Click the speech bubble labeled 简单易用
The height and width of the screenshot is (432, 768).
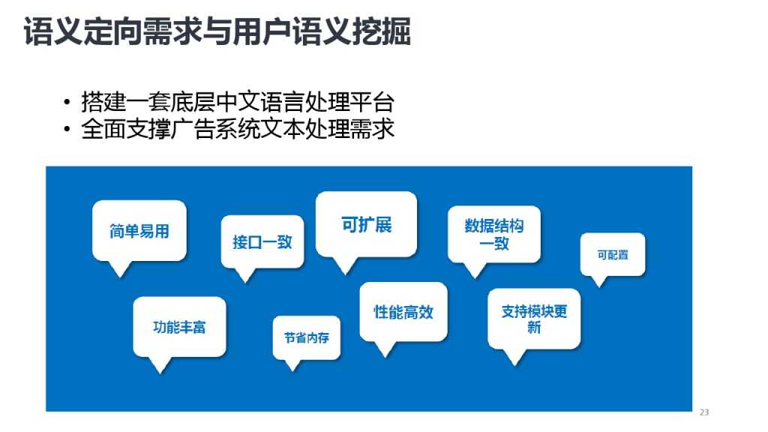coord(139,231)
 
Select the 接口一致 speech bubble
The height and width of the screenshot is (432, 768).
coord(262,241)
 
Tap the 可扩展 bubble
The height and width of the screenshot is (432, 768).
coord(366,224)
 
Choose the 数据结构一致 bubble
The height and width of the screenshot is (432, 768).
coord(493,234)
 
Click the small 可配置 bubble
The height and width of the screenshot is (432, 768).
coord(612,254)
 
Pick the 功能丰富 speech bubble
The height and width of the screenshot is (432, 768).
coord(179,327)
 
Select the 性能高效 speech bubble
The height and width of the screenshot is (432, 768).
coord(403,312)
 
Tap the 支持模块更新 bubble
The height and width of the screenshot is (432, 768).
coord(534,319)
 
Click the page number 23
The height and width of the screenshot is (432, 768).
coord(703,412)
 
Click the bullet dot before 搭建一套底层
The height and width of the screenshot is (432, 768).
coord(67,103)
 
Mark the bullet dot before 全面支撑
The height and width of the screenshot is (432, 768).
coord(67,130)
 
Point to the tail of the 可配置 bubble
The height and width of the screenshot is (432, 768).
coord(598,282)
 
